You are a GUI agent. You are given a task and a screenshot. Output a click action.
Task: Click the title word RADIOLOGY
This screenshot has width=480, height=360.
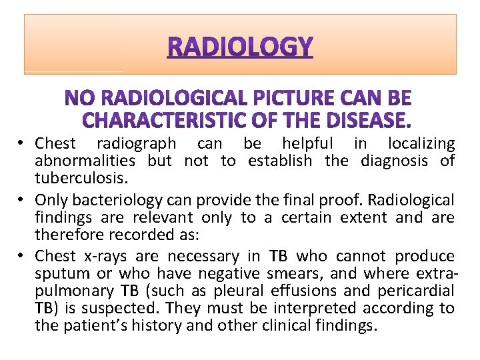[240, 47]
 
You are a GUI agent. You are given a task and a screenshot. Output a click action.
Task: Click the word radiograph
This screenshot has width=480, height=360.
[137, 143]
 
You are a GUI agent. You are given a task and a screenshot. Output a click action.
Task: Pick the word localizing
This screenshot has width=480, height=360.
[422, 143]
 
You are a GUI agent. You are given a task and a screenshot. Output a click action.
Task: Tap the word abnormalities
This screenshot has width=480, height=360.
[85, 161]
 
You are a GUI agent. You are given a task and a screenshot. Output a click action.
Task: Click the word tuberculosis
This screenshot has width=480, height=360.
[75, 178]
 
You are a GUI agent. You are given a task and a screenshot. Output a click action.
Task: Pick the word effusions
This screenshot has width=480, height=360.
[299, 291]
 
